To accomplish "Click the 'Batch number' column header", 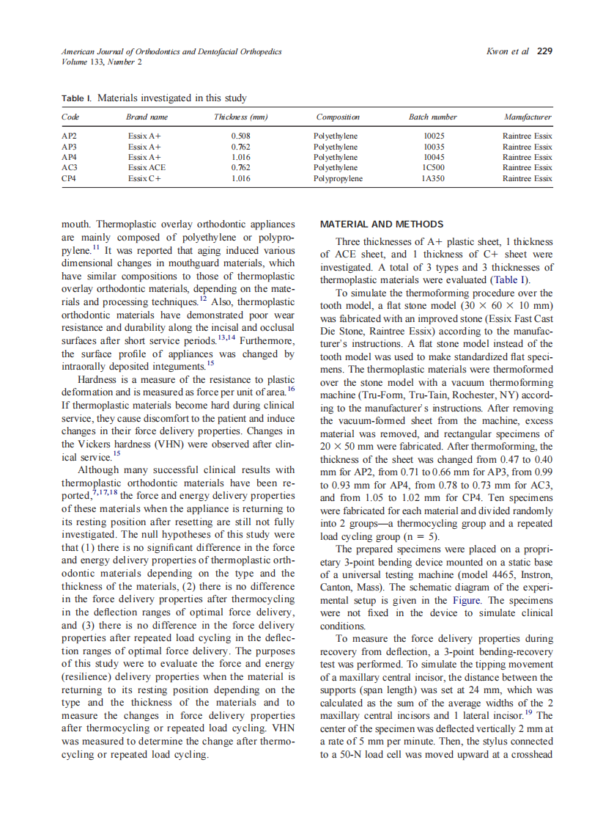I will click(432, 117).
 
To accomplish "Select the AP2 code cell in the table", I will click(69, 136).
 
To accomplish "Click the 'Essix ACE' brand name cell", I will click(147, 167).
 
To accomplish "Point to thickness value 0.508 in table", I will click(241, 136).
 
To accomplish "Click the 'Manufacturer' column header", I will click(528, 117).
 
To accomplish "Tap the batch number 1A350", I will click(434, 178).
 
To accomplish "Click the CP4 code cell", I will click(69, 178).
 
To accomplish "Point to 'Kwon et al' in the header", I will click(508, 51).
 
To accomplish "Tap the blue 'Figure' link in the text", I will click(467, 599).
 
